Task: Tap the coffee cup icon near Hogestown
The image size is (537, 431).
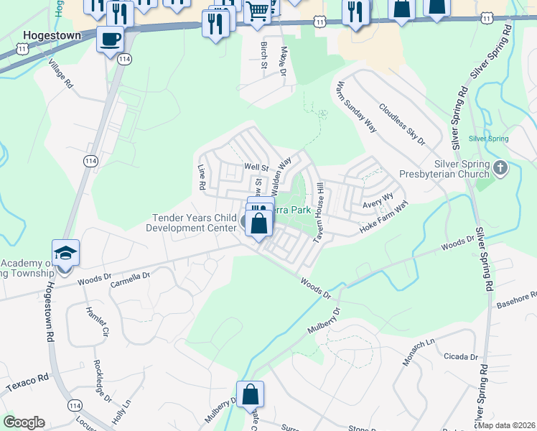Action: [110, 39]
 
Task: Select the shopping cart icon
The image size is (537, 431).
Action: [257, 11]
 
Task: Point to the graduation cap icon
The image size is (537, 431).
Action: [65, 253]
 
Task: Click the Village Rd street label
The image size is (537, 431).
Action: [61, 74]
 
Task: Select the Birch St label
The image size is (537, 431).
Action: [264, 55]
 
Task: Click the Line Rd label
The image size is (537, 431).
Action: [202, 177]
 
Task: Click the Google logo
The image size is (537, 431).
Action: [23, 422]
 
